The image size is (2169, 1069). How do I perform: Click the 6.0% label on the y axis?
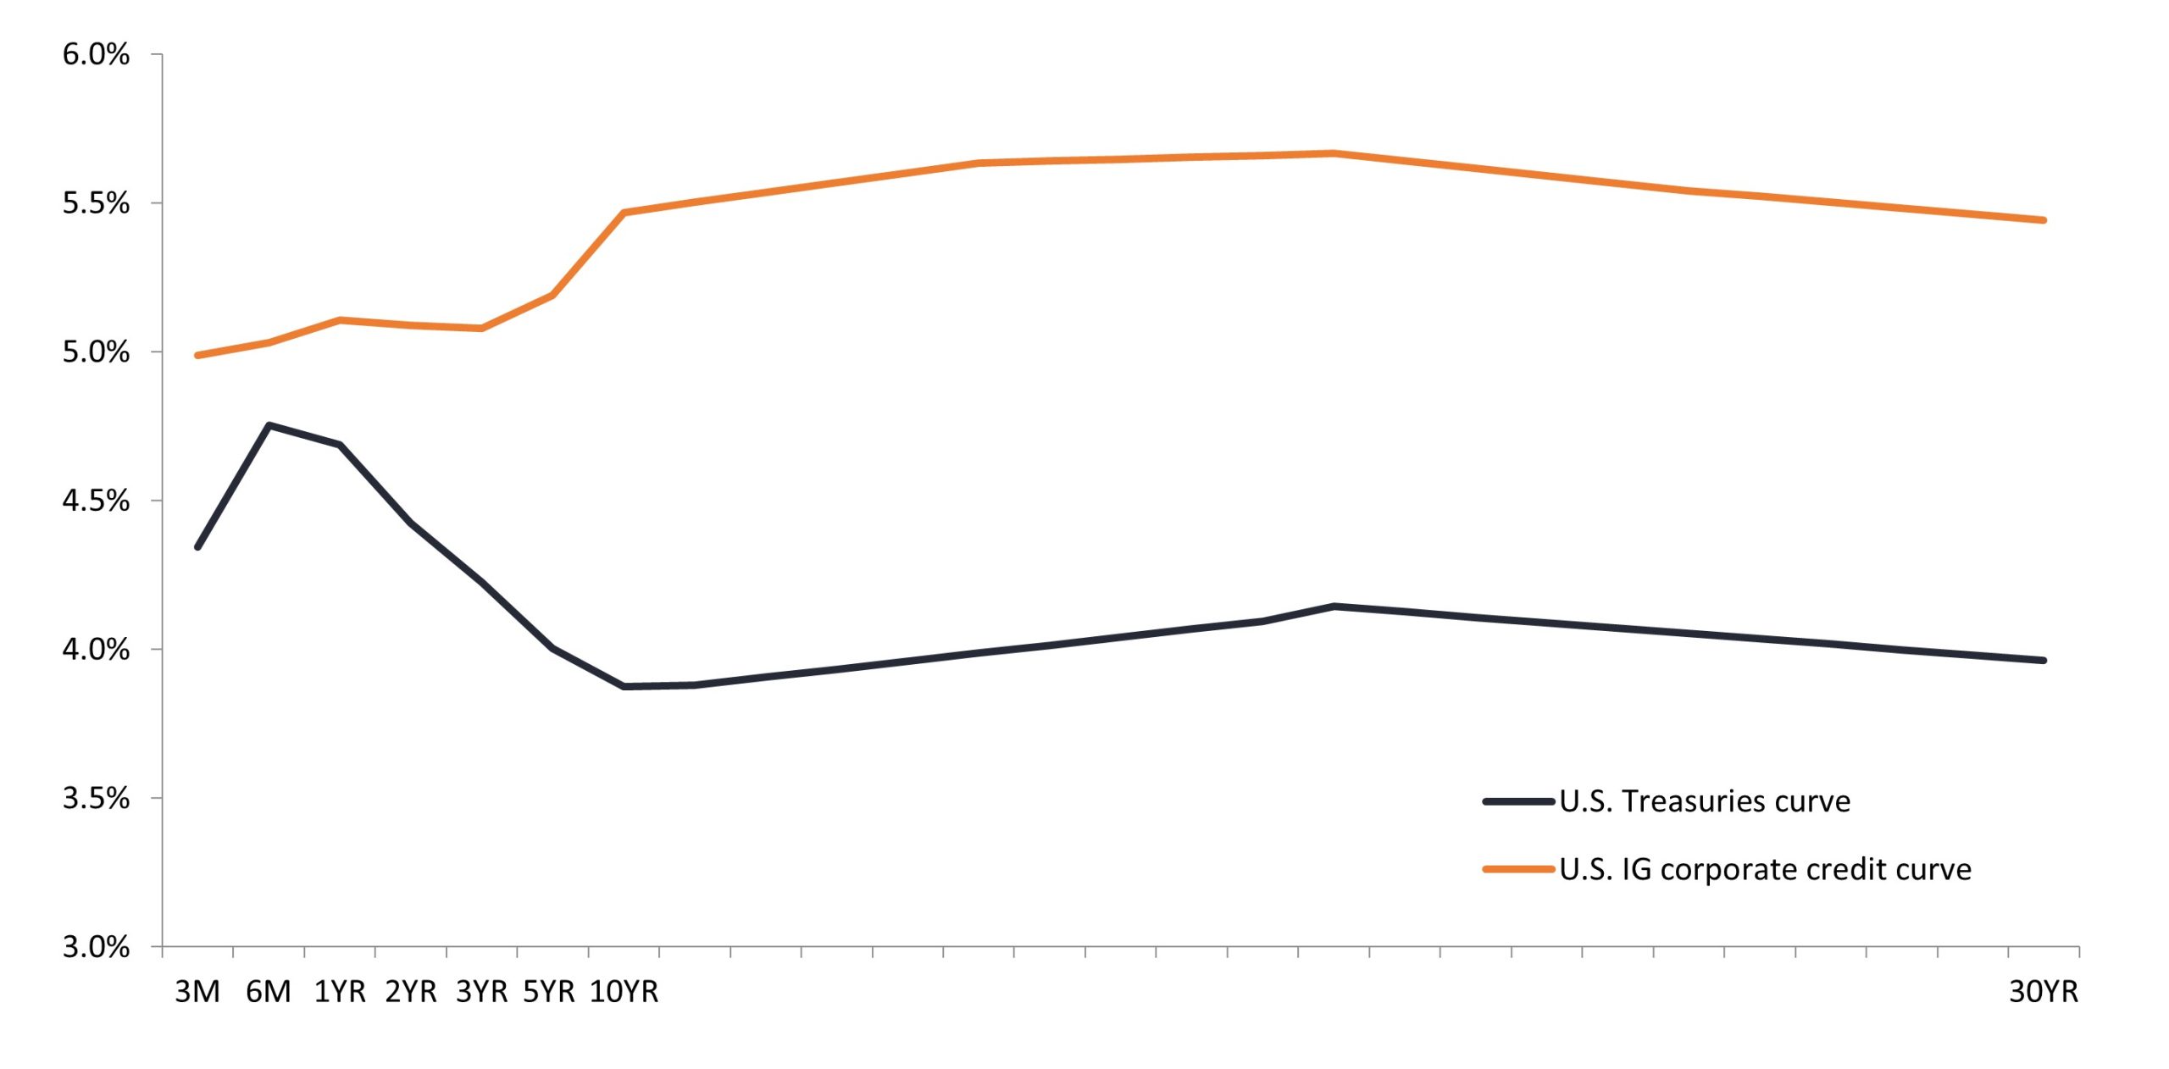(96, 55)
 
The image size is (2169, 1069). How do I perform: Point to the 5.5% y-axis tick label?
(96, 203)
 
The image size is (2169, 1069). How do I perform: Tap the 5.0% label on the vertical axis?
(96, 352)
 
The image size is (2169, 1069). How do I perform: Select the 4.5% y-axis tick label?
(96, 501)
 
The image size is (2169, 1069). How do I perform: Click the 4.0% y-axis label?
(96, 650)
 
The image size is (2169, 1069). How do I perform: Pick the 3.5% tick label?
(96, 798)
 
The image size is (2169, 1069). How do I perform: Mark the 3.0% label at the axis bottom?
(96, 946)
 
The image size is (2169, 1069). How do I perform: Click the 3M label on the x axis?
(197, 991)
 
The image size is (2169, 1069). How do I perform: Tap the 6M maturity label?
(269, 991)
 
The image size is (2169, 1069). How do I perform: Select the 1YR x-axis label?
(340, 991)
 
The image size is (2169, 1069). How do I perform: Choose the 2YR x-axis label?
(411, 991)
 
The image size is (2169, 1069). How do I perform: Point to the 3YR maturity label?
(482, 991)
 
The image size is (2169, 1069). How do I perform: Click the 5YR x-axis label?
(549, 991)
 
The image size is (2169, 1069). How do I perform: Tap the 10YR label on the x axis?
(624, 991)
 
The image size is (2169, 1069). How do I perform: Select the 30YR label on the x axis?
(2044, 991)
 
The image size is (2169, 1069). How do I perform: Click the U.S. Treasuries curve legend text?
(1705, 801)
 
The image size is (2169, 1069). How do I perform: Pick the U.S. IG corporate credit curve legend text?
(1765, 870)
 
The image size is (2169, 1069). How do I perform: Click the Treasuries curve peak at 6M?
(269, 425)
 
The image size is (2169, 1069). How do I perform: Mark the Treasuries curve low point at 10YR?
(624, 686)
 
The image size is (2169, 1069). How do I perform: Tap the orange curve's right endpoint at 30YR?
(2044, 220)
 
